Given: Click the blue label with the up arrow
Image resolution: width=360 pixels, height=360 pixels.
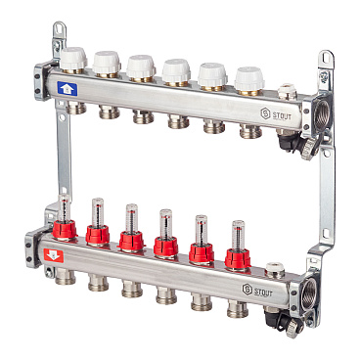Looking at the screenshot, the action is tap(67, 89).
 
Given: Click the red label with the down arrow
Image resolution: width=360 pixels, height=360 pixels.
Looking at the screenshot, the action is tap(54, 255).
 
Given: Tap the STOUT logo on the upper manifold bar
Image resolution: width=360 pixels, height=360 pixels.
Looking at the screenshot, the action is tap(276, 114).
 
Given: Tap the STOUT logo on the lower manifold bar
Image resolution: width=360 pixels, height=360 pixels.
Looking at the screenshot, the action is tap(257, 291).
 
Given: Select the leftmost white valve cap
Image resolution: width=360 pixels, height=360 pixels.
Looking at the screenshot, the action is tap(73, 59).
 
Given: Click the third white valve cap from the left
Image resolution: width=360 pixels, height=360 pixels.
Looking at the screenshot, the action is tap(141, 67).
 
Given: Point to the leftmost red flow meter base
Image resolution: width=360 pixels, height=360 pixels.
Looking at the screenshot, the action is tap(65, 229).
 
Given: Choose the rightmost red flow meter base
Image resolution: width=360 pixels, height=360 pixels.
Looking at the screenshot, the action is tap(238, 258).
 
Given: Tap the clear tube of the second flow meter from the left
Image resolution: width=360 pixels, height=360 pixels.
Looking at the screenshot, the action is tap(98, 212).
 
